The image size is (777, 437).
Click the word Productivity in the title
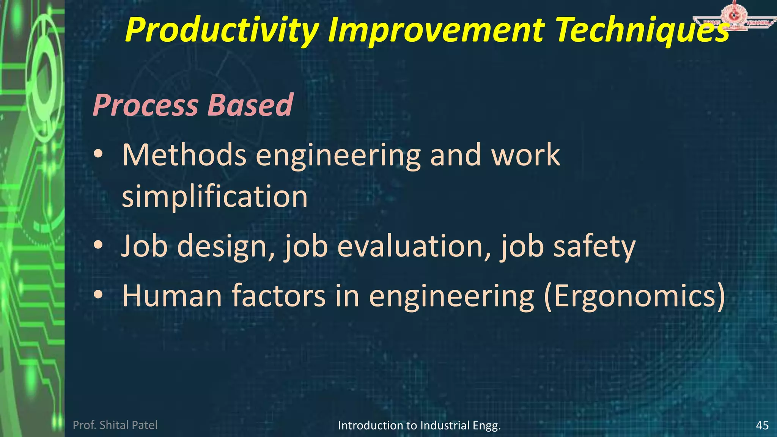(222, 30)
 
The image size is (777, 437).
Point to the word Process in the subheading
(146, 105)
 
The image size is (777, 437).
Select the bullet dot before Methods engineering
(98, 155)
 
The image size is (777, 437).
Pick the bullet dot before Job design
(98, 246)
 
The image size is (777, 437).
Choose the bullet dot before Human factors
(98, 295)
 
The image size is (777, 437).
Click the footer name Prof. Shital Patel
(115, 425)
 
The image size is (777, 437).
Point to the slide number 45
(762, 425)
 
